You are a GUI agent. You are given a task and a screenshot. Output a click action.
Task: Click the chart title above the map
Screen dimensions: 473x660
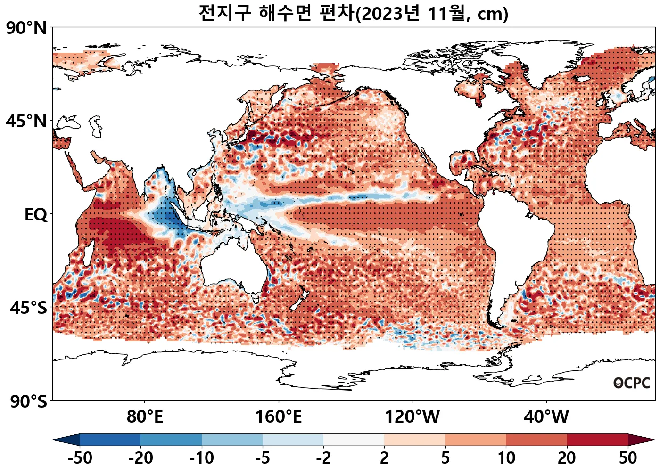pyautogui.click(x=353, y=13)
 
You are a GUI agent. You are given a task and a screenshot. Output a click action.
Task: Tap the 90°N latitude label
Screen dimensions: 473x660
pyautogui.click(x=26, y=28)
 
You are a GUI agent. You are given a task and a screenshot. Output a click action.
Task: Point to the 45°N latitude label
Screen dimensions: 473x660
pyautogui.click(x=26, y=121)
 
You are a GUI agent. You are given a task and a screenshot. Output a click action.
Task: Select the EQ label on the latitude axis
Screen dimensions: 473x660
pyautogui.click(x=36, y=215)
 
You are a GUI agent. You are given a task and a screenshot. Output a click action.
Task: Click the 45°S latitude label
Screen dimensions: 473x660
pyautogui.click(x=28, y=308)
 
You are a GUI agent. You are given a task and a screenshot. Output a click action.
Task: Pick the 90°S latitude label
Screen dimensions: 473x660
pyautogui.click(x=28, y=402)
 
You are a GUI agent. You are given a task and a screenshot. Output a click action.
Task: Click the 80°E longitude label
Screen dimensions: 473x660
pyautogui.click(x=145, y=417)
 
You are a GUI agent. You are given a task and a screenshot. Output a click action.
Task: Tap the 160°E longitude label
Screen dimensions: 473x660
pyautogui.click(x=278, y=417)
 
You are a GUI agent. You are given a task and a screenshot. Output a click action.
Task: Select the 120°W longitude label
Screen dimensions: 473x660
pyautogui.click(x=412, y=417)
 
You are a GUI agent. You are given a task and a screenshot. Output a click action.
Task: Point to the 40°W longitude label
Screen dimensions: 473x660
pyautogui.click(x=546, y=417)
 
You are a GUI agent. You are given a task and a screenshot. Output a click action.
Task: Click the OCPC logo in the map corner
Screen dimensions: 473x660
pyautogui.click(x=631, y=383)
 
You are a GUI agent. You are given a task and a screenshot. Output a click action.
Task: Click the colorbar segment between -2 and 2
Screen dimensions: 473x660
pyautogui.click(x=354, y=440)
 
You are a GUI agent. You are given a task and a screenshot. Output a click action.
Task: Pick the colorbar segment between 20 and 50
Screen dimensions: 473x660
pyautogui.click(x=597, y=440)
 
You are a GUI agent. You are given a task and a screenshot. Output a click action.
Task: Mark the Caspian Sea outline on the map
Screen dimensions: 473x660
pyautogui.click(x=97, y=126)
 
